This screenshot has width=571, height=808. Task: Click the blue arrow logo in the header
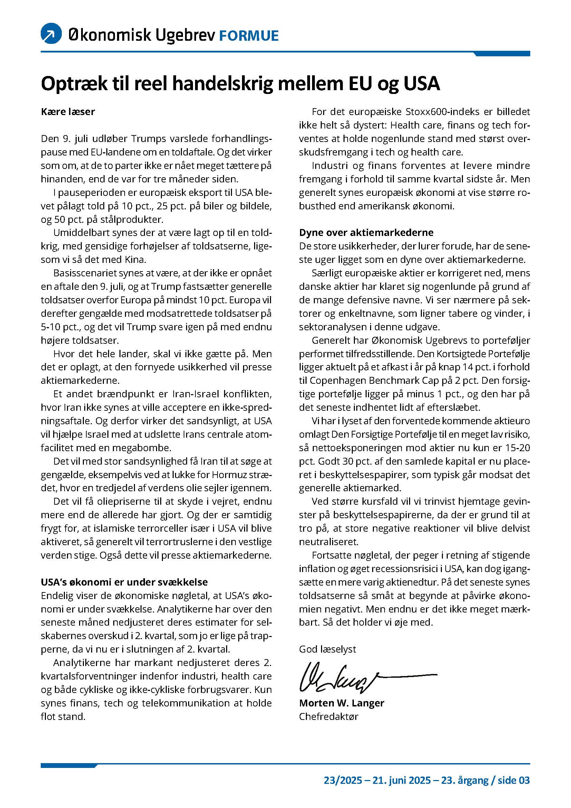(x=51, y=34)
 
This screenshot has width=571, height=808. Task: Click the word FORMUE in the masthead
(x=249, y=36)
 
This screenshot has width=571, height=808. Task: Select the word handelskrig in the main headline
(x=223, y=84)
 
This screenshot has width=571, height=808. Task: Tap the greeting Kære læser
(x=68, y=112)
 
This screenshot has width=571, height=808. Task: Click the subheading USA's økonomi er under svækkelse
(x=124, y=582)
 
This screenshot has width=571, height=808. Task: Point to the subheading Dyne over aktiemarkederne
(x=366, y=232)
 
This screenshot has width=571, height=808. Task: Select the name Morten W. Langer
(x=341, y=703)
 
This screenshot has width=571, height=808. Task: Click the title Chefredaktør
(x=328, y=716)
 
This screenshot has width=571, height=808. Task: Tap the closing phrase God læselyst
(x=327, y=649)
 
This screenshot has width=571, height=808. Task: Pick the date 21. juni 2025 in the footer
(x=401, y=781)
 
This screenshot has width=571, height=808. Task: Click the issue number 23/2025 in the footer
(x=343, y=781)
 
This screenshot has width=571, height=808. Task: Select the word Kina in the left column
(x=135, y=260)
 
